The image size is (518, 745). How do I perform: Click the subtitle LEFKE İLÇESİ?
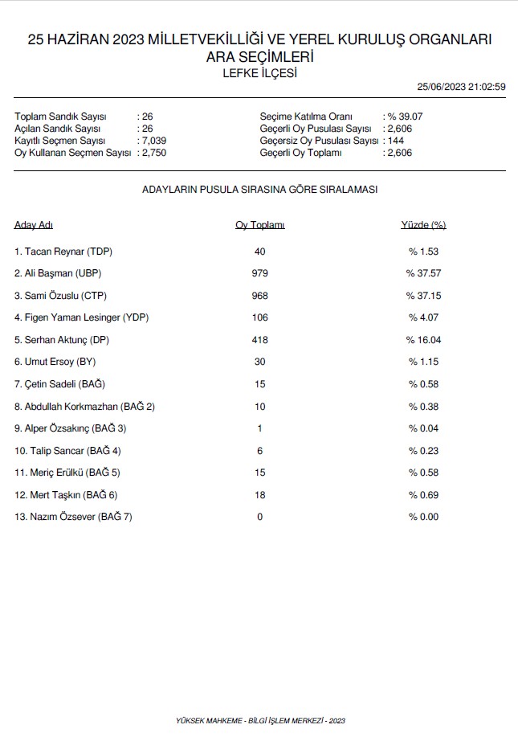coord(259,73)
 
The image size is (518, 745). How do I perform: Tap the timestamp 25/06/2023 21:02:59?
coord(462,88)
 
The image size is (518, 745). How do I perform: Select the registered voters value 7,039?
coord(153,141)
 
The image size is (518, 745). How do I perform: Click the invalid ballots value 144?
coord(395,141)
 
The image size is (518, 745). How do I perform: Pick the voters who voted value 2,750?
coord(153,153)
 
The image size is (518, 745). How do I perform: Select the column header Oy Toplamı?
coord(259,225)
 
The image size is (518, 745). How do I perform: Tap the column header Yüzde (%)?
coord(423,225)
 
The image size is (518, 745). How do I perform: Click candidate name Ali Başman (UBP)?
coord(58,273)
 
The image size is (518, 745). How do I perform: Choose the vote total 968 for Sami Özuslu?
coord(259,296)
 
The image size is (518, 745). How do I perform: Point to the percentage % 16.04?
coord(423,340)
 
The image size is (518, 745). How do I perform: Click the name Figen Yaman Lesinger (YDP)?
coord(81,317)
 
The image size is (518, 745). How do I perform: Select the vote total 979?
coord(259,273)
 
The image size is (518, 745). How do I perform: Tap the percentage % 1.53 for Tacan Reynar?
coord(423,252)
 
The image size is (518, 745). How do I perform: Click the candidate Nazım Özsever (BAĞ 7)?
coord(73,517)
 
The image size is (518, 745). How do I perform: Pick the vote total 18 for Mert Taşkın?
coord(259,495)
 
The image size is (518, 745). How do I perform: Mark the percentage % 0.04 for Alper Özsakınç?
coord(423,428)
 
